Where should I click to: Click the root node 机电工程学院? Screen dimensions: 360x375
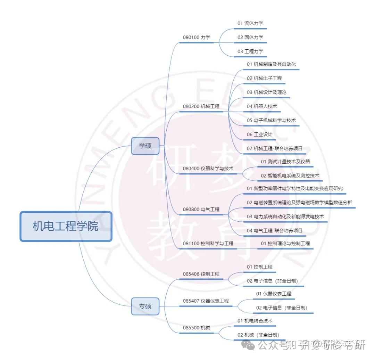pyautogui.click(x=66, y=226)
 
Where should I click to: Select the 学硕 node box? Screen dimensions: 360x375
pyautogui.click(x=145, y=146)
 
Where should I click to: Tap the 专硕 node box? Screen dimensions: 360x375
pyautogui.click(x=145, y=306)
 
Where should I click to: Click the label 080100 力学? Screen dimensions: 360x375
pyautogui.click(x=197, y=37)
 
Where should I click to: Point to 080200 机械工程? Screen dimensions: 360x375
pyautogui.click(x=201, y=106)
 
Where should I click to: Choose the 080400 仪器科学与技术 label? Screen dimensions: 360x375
pyautogui.click(x=208, y=169)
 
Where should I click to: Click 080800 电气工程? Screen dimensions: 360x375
pyautogui.click(x=201, y=210)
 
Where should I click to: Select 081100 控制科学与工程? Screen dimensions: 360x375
pyautogui.click(x=208, y=244)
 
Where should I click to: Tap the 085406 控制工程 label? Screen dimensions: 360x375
pyautogui.click(x=201, y=274)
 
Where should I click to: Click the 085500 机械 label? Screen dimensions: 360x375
pyautogui.click(x=197, y=328)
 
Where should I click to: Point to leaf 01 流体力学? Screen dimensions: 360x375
pyautogui.click(x=250, y=23)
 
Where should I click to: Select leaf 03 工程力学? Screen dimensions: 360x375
pyautogui.click(x=250, y=51)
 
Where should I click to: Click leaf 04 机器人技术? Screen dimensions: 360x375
pyautogui.click(x=262, y=106)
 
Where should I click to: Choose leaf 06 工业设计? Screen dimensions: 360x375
pyautogui.click(x=260, y=134)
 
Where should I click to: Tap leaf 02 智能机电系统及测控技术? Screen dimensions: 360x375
pyautogui.click(x=290, y=176)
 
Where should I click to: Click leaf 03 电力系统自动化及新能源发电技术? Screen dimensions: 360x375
pyautogui.click(x=285, y=216)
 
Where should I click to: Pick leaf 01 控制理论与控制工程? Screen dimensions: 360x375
pyautogui.click(x=285, y=244)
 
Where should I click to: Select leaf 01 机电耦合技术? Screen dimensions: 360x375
pyautogui.click(x=255, y=320)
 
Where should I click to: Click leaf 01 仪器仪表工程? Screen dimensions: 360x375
pyautogui.click(x=274, y=294)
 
